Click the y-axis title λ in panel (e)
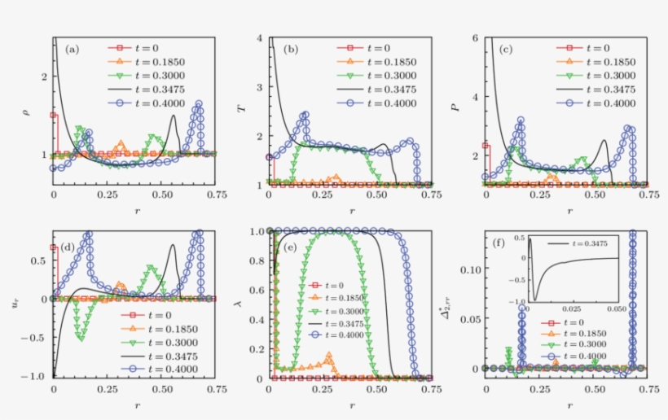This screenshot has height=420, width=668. pyautogui.click(x=247, y=304)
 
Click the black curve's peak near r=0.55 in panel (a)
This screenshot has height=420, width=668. pyautogui.click(x=174, y=116)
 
